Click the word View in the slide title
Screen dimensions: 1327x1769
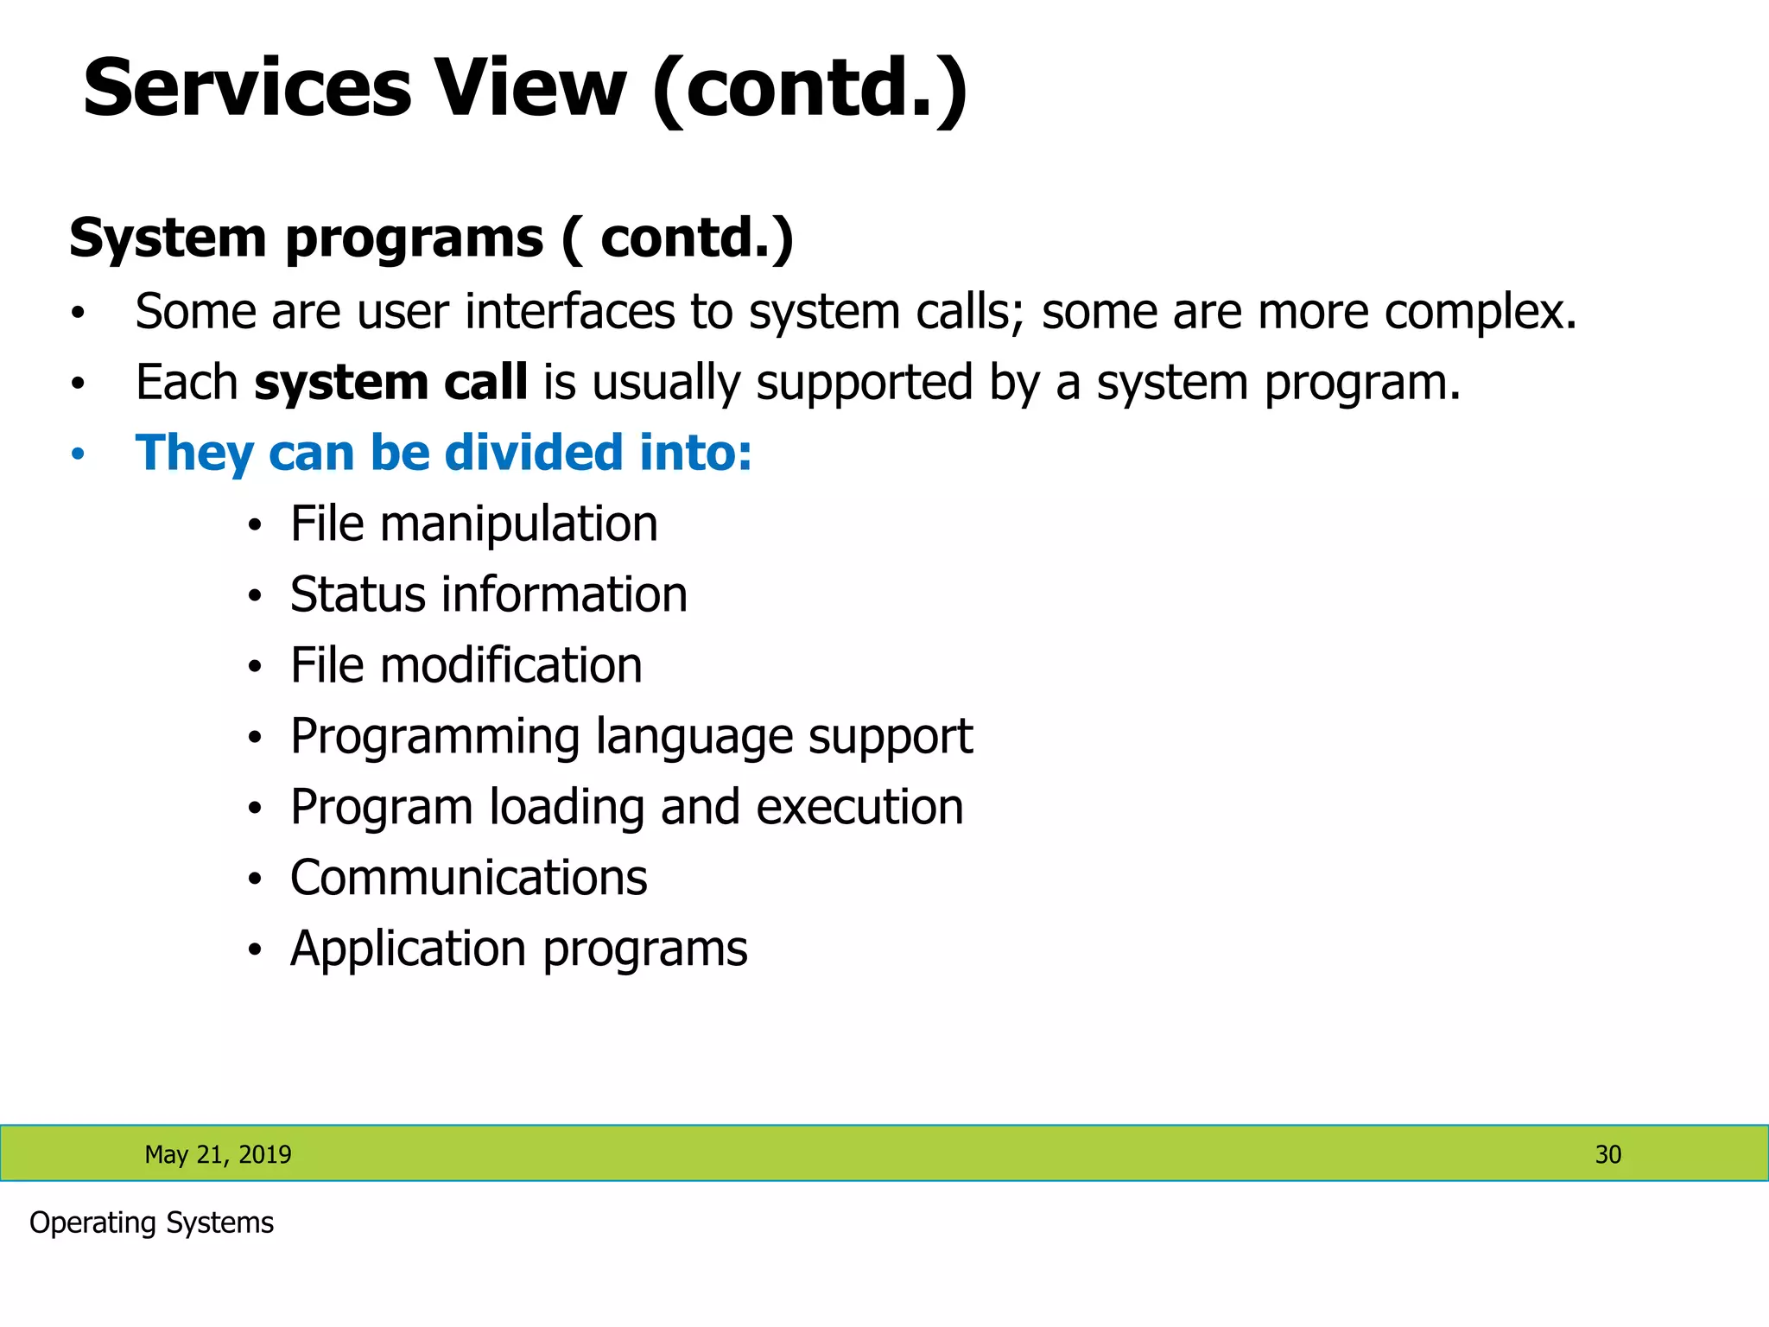click(x=529, y=88)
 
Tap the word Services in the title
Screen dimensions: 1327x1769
click(x=247, y=88)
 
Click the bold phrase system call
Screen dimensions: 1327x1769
click(x=390, y=382)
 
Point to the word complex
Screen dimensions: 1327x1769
click(x=1480, y=313)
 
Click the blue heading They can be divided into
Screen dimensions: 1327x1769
click(x=443, y=453)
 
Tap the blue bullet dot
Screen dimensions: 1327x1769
click(x=78, y=454)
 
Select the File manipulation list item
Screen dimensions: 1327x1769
click(x=473, y=524)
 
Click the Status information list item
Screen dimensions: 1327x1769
click(x=488, y=595)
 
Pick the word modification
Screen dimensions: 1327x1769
click(x=510, y=666)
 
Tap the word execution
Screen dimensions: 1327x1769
click(x=859, y=808)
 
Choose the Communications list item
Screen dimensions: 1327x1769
click(x=468, y=879)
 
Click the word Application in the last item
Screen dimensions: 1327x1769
click(x=409, y=950)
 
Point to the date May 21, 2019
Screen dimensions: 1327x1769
click(x=218, y=1154)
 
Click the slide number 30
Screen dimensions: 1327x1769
click(x=1607, y=1154)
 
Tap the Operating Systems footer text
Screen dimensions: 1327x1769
click(x=151, y=1223)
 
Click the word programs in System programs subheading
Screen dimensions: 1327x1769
click(x=415, y=238)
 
